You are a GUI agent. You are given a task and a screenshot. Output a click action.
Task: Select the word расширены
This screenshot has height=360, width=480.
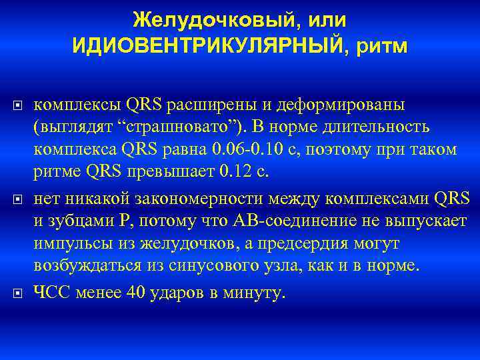[x=198, y=105]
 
